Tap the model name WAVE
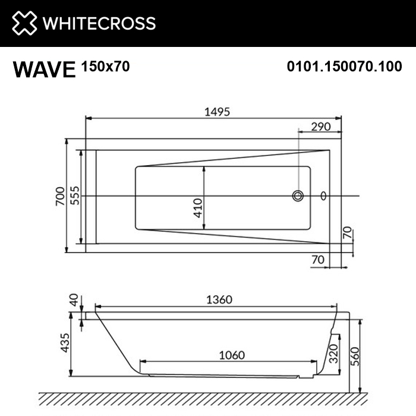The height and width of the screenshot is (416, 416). [45, 70]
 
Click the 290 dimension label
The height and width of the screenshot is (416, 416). [321, 127]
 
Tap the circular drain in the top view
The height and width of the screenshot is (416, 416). [297, 196]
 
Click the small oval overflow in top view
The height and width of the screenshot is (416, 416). [324, 196]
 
